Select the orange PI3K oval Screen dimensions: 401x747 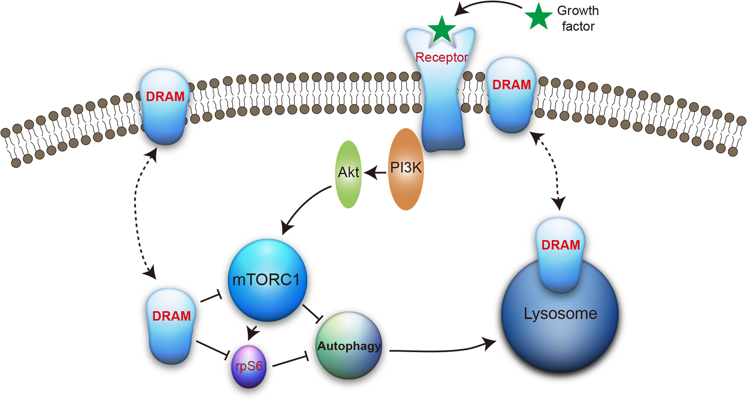click(x=406, y=169)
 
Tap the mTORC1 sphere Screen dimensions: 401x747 click(x=267, y=280)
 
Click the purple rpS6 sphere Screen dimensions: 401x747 click(x=249, y=366)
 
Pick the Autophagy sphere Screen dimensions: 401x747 click(x=349, y=346)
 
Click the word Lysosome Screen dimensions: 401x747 click(x=560, y=314)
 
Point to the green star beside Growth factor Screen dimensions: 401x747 click(x=538, y=17)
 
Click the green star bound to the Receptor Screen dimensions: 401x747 click(x=442, y=30)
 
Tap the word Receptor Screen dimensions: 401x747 click(x=441, y=57)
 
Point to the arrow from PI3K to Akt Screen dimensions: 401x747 click(x=375, y=173)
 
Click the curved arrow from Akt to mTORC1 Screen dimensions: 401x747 click(x=305, y=206)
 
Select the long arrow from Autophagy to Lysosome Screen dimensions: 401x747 click(x=441, y=350)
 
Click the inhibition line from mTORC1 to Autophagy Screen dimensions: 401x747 click(x=312, y=313)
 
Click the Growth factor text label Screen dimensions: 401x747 click(x=578, y=18)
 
